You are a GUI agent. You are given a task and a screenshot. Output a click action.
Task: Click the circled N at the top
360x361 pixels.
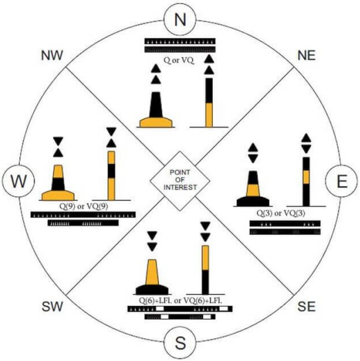tap(180, 19)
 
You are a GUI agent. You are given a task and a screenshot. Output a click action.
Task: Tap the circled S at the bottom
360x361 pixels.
tap(180, 342)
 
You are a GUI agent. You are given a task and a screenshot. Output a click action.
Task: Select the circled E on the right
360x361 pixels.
tap(342, 181)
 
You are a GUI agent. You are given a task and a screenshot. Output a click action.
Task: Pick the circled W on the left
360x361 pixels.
tap(19, 181)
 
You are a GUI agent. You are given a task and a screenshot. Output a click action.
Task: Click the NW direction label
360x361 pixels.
tap(52, 56)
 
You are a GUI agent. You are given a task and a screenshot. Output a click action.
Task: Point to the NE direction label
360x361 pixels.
tap(306, 56)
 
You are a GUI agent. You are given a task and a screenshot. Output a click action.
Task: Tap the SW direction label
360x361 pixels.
tap(52, 307)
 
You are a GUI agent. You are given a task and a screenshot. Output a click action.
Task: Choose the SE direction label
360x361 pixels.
tap(306, 307)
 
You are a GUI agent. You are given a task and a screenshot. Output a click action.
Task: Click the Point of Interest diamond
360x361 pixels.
tap(180, 181)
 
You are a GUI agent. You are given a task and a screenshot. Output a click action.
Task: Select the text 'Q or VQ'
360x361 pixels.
tap(179, 61)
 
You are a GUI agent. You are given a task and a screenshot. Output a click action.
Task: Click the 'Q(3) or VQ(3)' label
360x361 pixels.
tap(281, 213)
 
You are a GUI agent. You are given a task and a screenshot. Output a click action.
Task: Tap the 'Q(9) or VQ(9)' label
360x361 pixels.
tap(83, 206)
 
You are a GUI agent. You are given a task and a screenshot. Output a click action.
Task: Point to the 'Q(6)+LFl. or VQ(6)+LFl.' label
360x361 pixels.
tap(180, 300)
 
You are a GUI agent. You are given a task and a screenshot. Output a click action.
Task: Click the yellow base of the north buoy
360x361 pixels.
tap(156, 123)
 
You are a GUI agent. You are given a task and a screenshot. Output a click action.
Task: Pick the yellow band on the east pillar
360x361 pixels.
tap(306, 177)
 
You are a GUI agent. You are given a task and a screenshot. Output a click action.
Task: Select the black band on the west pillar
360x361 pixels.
tap(112, 171)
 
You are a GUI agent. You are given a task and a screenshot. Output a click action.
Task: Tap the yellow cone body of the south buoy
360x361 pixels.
tap(152, 272)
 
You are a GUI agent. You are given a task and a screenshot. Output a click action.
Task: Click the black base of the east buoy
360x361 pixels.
tap(253, 201)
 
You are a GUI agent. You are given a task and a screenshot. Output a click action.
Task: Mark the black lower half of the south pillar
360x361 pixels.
tap(205, 282)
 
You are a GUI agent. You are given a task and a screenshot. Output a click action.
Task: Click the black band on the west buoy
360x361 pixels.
tap(59, 184)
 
